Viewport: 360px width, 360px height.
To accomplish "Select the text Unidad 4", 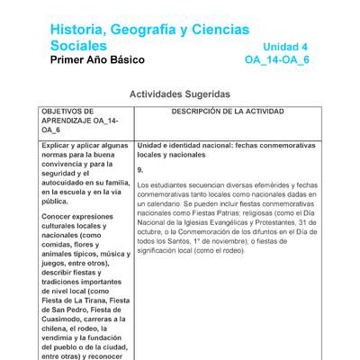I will pyautogui.click(x=285, y=47).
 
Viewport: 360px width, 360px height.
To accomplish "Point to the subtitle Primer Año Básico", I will pyautogui.click(x=97, y=60).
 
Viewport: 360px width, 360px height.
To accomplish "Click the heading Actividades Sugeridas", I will pyautogui.click(x=179, y=94).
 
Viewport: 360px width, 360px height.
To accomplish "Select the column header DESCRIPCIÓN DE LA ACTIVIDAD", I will pyautogui.click(x=227, y=112).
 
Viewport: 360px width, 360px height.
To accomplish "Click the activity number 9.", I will pyautogui.click(x=140, y=169).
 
